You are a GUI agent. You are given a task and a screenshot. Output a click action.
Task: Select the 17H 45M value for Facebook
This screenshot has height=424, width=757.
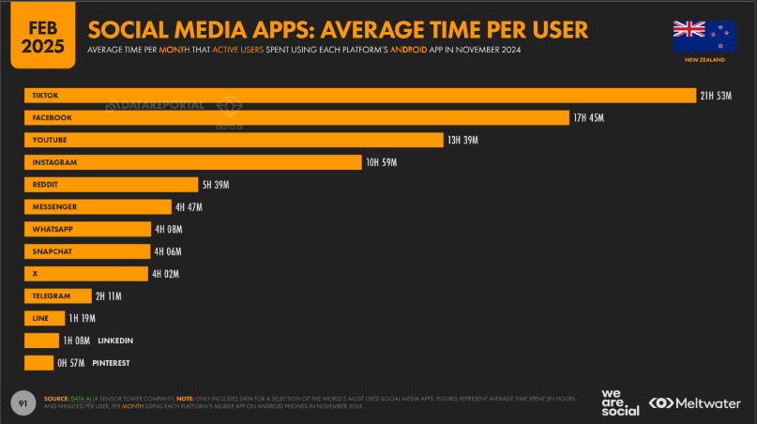[592, 117]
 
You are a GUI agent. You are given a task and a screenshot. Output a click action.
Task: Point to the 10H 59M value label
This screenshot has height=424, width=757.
[383, 162]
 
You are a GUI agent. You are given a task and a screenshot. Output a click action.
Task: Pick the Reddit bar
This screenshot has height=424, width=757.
[111, 185]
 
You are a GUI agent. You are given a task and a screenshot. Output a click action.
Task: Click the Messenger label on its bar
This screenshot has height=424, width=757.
[53, 206]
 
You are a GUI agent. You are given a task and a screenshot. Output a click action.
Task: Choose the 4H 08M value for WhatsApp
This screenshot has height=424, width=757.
[169, 229]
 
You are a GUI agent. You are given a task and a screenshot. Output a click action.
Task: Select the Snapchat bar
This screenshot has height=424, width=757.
[87, 251]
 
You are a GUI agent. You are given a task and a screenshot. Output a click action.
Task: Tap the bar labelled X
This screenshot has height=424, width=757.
[87, 274]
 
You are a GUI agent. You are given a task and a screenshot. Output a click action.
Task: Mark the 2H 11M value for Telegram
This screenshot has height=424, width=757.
[109, 295]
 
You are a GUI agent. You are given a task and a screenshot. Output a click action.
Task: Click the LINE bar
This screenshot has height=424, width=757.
[44, 318]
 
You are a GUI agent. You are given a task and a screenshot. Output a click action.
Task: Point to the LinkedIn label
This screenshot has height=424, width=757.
[115, 340]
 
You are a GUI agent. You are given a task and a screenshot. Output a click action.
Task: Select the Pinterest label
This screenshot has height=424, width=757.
[111, 362]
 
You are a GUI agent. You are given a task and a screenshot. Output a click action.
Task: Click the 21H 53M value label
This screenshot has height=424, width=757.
[716, 96]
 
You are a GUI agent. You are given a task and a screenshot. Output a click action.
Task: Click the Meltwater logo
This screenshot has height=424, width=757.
[696, 402]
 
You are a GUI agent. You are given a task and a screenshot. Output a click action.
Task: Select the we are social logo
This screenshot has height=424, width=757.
[619, 401]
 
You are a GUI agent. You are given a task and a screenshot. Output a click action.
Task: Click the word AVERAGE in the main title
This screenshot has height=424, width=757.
[378, 30]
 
